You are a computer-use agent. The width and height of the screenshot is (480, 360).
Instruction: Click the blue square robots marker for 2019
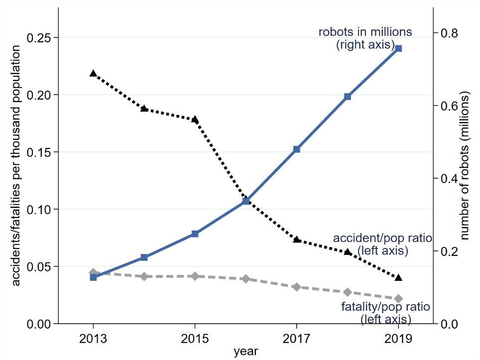[x=398, y=48]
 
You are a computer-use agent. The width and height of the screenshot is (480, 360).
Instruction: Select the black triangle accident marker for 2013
[x=93, y=73]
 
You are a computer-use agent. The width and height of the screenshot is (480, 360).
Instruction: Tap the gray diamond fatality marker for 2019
[x=398, y=298]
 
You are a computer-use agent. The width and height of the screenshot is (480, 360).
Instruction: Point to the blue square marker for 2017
[x=297, y=149]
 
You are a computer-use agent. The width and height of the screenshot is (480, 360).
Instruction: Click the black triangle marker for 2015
[x=195, y=119]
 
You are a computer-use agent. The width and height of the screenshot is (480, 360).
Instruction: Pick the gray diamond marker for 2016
[x=245, y=279]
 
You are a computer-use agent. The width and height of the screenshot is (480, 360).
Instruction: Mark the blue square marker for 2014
[x=144, y=257]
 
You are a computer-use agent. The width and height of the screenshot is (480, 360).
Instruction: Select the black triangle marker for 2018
[x=348, y=252]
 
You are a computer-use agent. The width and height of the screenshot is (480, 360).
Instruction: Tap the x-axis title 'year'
[x=246, y=351]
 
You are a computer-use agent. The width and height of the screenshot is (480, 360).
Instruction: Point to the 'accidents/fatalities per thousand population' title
[x=16, y=165]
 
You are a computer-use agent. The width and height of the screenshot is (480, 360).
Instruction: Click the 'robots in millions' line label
[x=365, y=32]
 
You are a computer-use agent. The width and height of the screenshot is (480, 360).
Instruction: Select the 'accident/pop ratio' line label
[x=382, y=237]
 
